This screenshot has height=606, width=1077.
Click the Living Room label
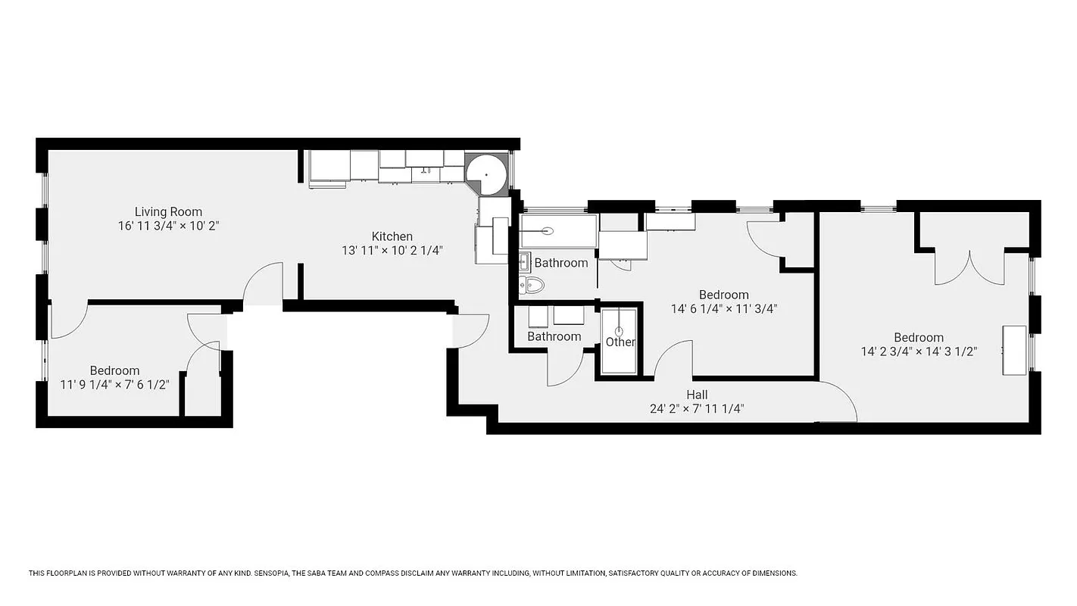tap(168, 212)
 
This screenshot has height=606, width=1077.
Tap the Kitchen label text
tap(392, 236)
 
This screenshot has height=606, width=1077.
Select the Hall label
tap(697, 395)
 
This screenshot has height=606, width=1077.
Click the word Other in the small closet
tap(620, 342)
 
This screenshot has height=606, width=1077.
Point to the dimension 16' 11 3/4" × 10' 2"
tap(168, 226)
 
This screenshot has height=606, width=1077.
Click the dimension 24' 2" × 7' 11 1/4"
tap(697, 409)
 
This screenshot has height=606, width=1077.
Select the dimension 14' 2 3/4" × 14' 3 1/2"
tap(919, 351)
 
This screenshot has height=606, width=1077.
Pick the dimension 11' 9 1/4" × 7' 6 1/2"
tap(114, 385)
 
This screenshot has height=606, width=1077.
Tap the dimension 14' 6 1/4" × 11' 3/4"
tap(724, 309)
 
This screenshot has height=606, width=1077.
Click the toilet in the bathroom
tap(533, 286)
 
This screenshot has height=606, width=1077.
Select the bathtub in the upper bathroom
tap(558, 230)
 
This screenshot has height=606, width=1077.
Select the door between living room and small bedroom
tap(70, 322)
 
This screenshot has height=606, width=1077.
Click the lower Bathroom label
tap(554, 336)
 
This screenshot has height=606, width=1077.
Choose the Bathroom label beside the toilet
tap(561, 263)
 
